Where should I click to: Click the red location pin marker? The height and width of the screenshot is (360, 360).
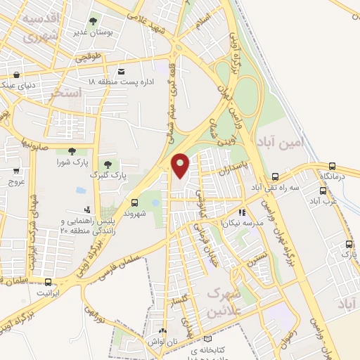tap(181, 165)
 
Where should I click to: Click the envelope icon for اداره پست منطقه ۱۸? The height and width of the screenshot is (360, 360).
tap(122, 72)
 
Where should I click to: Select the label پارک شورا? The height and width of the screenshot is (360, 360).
tap(71, 162)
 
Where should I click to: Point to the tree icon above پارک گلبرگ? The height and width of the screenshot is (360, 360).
tap(108, 164)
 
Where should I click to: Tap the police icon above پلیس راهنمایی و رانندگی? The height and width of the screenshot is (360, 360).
tap(86, 210)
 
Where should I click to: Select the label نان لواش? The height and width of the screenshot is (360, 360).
tap(162, 341)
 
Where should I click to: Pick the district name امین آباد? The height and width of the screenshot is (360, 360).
tap(283, 140)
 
